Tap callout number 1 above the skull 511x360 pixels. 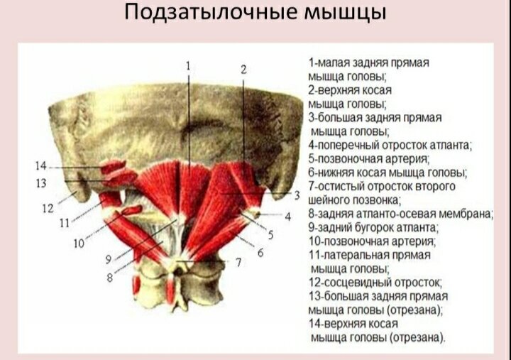188,66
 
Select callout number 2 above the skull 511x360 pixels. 243,70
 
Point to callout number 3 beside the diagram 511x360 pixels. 297,195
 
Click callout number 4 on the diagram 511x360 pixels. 287,216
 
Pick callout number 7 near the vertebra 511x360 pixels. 238,262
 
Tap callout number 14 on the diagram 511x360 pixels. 41,166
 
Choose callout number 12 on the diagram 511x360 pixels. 48,208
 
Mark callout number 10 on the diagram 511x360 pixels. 79,243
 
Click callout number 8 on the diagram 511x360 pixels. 110,278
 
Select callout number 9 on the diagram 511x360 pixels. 109,259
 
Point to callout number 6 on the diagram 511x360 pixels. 260,252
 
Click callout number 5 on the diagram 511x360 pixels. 270,235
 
